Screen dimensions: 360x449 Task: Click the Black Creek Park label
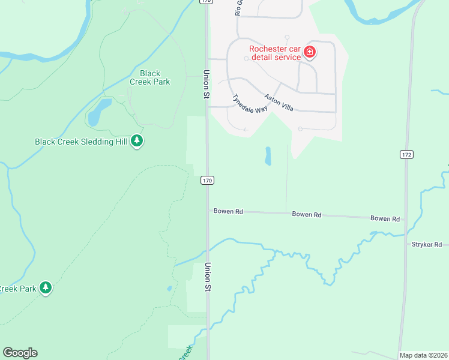[x=150, y=78]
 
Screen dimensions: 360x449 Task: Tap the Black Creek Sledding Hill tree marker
[x=137, y=141]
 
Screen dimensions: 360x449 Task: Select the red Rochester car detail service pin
[x=310, y=52]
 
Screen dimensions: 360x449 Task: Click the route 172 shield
[x=406, y=155]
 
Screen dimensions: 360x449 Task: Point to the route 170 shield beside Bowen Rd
[x=207, y=180]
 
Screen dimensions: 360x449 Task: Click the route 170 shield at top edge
[x=206, y=2]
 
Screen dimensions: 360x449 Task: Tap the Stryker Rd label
[x=426, y=245]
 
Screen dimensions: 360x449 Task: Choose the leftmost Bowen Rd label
[x=228, y=211]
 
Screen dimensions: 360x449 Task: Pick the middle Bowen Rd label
[x=307, y=214]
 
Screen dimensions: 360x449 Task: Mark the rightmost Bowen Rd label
[x=385, y=219]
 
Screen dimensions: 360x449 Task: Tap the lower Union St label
[x=208, y=277]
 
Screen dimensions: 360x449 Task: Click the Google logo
[x=20, y=353]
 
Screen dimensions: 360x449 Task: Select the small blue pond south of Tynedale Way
[x=268, y=156]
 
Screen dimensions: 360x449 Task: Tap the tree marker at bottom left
[x=46, y=288]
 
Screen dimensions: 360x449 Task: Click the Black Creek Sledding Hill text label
[x=82, y=142]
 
